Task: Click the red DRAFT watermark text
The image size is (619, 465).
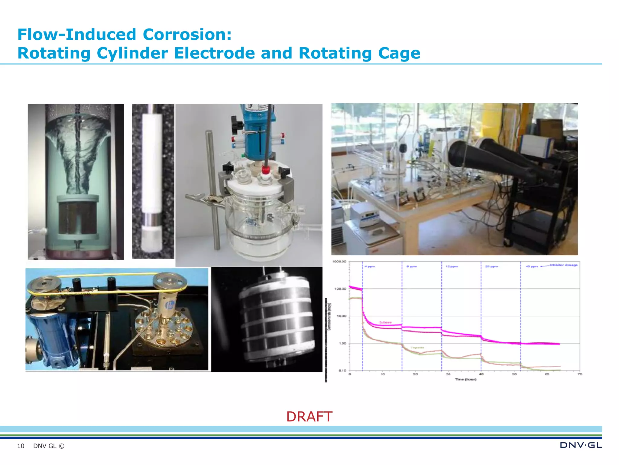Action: tap(309, 417)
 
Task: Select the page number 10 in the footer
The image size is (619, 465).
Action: tap(21, 446)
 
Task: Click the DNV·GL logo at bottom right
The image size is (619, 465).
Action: tap(581, 445)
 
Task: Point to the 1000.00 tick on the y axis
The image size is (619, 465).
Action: tap(339, 262)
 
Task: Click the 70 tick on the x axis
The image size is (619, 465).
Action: tap(580, 374)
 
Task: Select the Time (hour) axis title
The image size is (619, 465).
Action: tap(465, 379)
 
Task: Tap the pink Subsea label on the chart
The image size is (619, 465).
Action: tap(385, 322)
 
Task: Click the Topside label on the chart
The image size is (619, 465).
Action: tap(417, 348)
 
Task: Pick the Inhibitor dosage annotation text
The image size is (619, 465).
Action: tap(563, 265)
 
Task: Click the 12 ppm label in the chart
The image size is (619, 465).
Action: tap(452, 267)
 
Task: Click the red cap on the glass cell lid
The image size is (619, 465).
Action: tap(266, 170)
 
